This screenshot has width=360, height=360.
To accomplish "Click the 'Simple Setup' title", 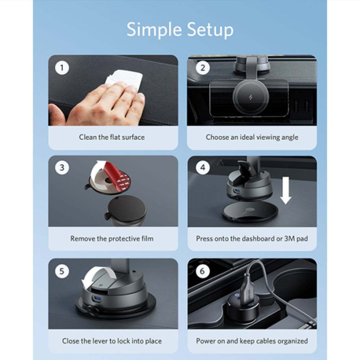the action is pos(180,30).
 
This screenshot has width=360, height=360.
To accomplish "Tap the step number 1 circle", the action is pos(62,68).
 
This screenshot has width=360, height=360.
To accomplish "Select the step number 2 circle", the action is pos(203,68).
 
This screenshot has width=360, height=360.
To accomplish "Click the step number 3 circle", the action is pos(62,168).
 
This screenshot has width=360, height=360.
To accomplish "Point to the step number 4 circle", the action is pos(203,168).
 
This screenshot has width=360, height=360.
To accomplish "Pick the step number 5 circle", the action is pos(62,271).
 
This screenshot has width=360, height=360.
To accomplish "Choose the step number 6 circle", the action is pos(203,271).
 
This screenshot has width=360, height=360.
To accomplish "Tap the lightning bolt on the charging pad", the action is pos(251,97).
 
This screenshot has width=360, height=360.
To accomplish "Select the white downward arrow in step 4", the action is pos(286,190).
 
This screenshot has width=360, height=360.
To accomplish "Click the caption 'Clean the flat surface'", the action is pos(112,137).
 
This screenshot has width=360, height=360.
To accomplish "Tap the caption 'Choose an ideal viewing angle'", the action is pos(252,137).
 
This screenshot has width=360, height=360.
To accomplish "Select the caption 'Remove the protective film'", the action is pos(112,239).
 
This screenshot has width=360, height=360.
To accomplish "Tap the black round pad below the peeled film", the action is pos(127,209).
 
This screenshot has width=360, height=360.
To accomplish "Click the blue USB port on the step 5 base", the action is pos(96,299).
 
